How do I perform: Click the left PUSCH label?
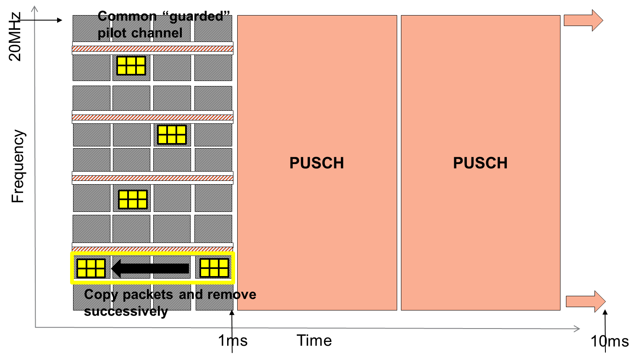[317, 163]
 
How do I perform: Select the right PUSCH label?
[480, 163]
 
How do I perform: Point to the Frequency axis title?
[18, 166]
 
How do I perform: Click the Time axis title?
[314, 340]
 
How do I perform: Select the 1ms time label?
[233, 340]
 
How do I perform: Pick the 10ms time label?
[610, 341]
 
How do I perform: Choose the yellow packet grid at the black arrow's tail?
[214, 268]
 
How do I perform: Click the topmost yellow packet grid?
[131, 65]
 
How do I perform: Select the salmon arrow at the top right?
[583, 20]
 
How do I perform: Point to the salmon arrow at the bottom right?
[585, 301]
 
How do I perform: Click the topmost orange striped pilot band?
[152, 49]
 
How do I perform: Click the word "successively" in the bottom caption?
[126, 311]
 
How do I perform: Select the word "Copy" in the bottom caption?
[101, 295]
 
